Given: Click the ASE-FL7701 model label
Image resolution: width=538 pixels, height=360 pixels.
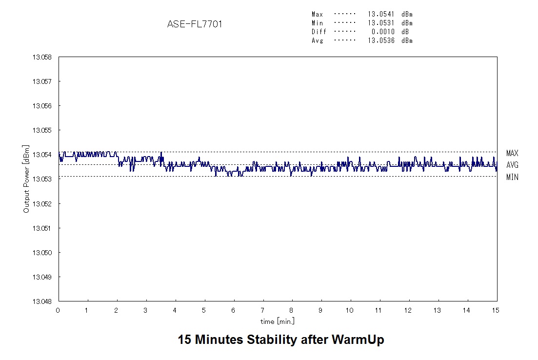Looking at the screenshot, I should [195, 24].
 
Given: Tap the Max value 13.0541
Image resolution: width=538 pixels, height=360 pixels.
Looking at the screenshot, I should [381, 14].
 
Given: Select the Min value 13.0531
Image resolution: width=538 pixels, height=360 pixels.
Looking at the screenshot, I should [381, 23].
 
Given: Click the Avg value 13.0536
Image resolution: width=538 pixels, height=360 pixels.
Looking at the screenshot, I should [381, 40].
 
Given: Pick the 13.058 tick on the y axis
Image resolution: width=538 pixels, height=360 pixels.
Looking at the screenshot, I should [42, 57].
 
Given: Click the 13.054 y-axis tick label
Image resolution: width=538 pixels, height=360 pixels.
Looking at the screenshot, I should [42, 155].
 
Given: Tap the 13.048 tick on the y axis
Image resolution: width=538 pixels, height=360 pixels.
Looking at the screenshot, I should [42, 301].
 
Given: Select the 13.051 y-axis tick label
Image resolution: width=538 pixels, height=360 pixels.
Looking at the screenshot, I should [42, 228].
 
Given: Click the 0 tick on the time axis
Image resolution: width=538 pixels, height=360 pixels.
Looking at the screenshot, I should [58, 310].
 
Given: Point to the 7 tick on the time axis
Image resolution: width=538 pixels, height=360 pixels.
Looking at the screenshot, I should [263, 310].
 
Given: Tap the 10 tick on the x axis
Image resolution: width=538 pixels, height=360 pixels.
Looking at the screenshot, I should [350, 310].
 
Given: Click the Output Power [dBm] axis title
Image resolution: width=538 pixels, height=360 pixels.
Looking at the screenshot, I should [26, 179].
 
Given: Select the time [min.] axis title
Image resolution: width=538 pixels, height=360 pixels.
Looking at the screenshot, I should [278, 321].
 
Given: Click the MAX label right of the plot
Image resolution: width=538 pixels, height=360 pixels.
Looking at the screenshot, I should [512, 153].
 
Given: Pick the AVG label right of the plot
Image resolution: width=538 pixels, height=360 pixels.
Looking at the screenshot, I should [512, 165].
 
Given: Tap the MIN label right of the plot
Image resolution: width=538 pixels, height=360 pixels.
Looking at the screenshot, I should [512, 177].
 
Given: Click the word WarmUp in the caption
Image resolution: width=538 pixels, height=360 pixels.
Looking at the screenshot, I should [358, 340].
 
